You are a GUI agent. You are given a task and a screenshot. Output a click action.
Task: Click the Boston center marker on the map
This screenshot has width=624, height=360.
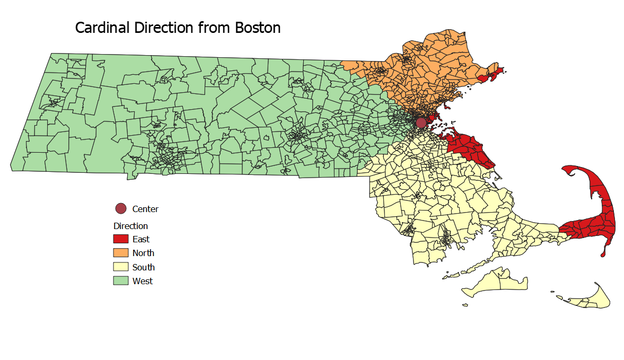click(421, 123)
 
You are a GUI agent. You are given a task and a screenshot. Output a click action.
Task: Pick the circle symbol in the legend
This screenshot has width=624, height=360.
click(121, 208)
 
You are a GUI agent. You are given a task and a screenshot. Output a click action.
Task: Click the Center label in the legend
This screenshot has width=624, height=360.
click(145, 209)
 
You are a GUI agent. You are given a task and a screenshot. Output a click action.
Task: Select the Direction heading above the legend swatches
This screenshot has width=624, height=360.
click(130, 226)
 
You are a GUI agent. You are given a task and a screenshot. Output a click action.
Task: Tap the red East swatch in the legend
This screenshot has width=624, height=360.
click(121, 239)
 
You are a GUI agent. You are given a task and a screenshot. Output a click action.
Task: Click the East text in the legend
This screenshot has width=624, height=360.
click(141, 239)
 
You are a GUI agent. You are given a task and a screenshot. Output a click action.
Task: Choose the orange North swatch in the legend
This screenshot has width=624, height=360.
click(121, 253)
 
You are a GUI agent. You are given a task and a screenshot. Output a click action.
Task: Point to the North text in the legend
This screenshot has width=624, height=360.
click(143, 253)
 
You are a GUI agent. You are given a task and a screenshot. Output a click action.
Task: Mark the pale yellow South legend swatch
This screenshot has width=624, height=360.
click(121, 267)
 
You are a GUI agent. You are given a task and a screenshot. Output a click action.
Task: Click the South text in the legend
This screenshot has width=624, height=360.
click(143, 267)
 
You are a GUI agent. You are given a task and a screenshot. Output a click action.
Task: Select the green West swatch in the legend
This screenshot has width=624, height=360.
click(121, 281)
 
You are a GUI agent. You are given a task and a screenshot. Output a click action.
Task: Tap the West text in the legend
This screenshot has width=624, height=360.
click(143, 281)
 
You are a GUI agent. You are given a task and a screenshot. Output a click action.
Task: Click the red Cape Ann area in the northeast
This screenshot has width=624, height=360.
click(491, 74)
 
